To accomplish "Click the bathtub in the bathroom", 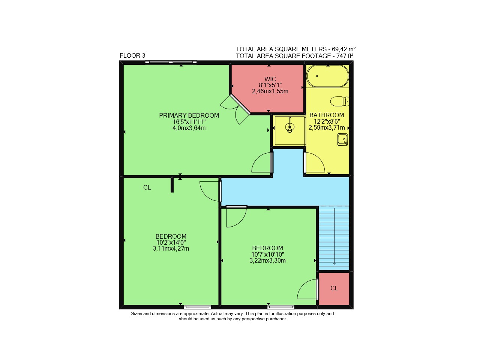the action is (x=327, y=76).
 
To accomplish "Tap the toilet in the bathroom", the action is (x=340, y=102).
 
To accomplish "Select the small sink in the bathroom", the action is (x=342, y=139).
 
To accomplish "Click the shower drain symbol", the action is (x=289, y=127).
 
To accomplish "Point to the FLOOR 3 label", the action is (x=132, y=56).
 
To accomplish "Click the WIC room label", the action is (x=270, y=79).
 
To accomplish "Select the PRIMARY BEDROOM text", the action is (x=189, y=115).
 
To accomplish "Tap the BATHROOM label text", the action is (x=327, y=115).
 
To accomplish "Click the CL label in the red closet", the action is (x=334, y=288).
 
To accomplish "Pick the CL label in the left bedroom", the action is (x=147, y=187).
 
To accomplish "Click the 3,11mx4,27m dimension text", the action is (x=171, y=249).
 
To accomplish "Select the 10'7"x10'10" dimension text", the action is (x=268, y=254).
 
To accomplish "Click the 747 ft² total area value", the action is (x=345, y=56).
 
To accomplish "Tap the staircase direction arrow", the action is (x=334, y=236).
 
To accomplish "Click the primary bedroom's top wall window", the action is (x=171, y=63).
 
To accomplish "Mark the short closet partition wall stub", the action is (x=172, y=185).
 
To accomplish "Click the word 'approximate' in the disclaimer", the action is (x=196, y=314).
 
